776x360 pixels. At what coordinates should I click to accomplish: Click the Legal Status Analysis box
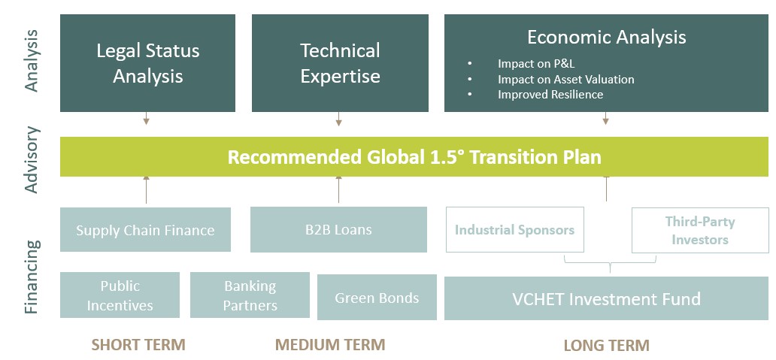(x=147, y=63)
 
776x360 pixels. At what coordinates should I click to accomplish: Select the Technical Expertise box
(x=340, y=63)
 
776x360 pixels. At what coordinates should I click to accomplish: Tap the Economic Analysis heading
(x=606, y=37)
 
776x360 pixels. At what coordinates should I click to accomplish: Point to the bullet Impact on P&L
(x=536, y=64)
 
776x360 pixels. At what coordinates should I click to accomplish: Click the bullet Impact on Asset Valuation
(x=565, y=79)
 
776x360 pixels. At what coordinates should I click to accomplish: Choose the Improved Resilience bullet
(x=550, y=95)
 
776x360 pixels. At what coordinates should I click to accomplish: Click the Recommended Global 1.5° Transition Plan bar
(x=414, y=157)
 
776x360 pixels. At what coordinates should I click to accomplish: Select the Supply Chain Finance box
(x=146, y=229)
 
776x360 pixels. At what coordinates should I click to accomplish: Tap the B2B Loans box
(x=338, y=229)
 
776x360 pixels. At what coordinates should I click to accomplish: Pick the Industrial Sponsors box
(x=514, y=229)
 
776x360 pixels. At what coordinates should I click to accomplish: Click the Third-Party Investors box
(x=700, y=230)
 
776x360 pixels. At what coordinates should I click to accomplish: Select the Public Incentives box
(x=120, y=295)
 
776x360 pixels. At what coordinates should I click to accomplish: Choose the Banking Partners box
(x=250, y=295)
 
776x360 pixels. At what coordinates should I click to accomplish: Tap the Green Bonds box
(x=377, y=297)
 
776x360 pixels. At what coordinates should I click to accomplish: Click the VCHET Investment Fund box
(x=606, y=298)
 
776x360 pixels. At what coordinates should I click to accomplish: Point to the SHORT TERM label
(x=138, y=345)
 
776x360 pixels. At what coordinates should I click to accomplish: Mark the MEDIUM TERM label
(x=330, y=344)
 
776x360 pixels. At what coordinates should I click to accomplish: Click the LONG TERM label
(x=607, y=345)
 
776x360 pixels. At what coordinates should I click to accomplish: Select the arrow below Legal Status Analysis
(x=146, y=119)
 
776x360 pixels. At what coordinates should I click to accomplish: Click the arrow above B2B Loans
(x=338, y=189)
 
